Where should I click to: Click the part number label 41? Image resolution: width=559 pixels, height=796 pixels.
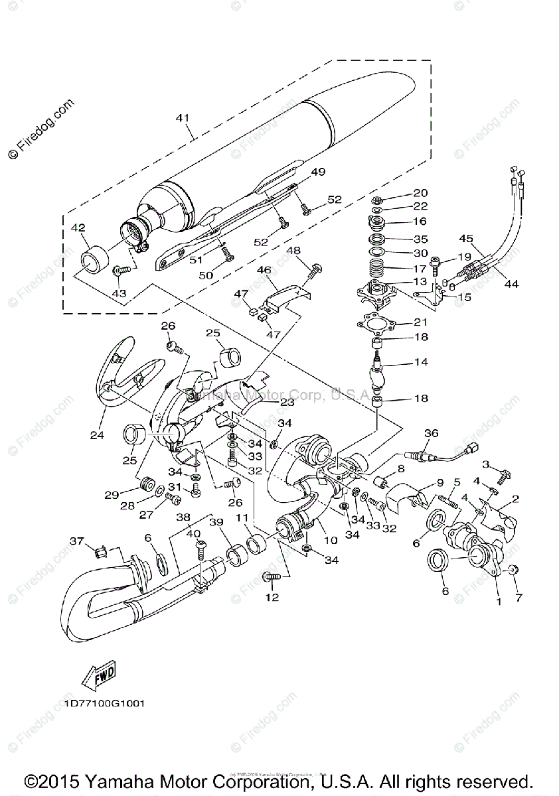pos(183,118)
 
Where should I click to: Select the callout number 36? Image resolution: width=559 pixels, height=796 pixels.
pos(432,433)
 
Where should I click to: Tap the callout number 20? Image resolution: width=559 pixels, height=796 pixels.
pos(420,193)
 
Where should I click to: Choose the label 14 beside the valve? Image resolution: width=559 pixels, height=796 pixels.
pos(420,362)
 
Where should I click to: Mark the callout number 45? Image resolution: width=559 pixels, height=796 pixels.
pos(466,239)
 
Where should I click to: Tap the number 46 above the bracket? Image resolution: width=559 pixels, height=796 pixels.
pos(264,270)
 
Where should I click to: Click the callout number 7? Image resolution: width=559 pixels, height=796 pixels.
pos(519,597)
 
